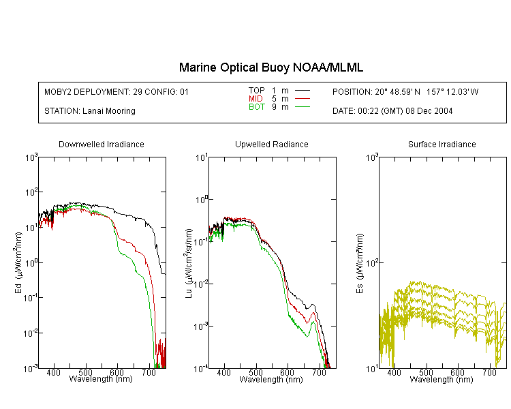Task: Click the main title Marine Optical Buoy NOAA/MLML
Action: click(270, 67)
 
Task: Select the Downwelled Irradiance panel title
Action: click(102, 145)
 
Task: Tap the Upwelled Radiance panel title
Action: click(272, 145)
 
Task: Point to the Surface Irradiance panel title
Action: click(442, 145)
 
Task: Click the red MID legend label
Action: click(255, 99)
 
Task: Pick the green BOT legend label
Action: click(257, 107)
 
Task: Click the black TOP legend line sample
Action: click(303, 91)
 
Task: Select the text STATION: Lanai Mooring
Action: click(90, 111)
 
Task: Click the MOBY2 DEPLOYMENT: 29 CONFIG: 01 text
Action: click(117, 92)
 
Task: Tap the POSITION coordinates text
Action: click(405, 92)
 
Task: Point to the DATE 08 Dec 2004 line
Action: click(392, 111)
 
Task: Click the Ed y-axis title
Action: click(18, 263)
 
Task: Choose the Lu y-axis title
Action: click(189, 263)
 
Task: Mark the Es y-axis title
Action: click(360, 264)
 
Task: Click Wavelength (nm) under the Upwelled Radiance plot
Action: click(271, 380)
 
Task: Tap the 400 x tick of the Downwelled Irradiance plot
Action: click(53, 372)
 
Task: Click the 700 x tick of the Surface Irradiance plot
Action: click(489, 372)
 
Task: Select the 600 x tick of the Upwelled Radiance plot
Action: click(288, 372)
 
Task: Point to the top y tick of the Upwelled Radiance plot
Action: click(202, 158)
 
